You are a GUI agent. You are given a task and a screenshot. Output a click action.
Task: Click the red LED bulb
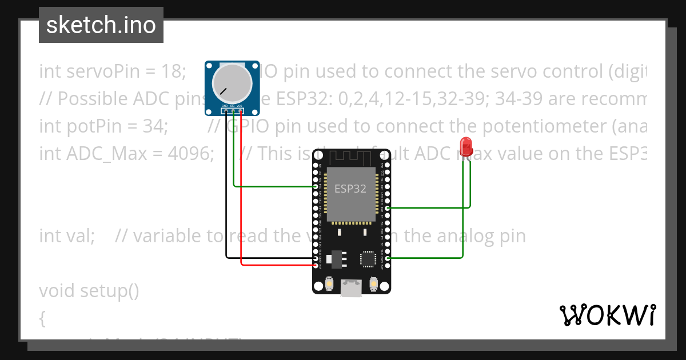click(x=466, y=146)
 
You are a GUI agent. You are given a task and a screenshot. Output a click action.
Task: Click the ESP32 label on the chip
click(x=350, y=189)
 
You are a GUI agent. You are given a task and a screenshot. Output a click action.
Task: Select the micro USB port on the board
click(x=352, y=287)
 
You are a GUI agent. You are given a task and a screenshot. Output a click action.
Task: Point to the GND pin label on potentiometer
click(x=225, y=106)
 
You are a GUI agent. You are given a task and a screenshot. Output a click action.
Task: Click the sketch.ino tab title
click(x=101, y=25)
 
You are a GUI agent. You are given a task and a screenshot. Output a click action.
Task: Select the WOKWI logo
click(x=607, y=315)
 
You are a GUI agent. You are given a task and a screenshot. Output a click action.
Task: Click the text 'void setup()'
click(x=89, y=291)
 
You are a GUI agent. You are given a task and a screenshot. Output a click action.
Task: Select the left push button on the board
click(x=330, y=283)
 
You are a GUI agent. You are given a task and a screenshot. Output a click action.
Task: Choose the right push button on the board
click(x=374, y=283)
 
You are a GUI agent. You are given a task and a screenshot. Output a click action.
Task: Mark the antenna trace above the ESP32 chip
click(x=350, y=156)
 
